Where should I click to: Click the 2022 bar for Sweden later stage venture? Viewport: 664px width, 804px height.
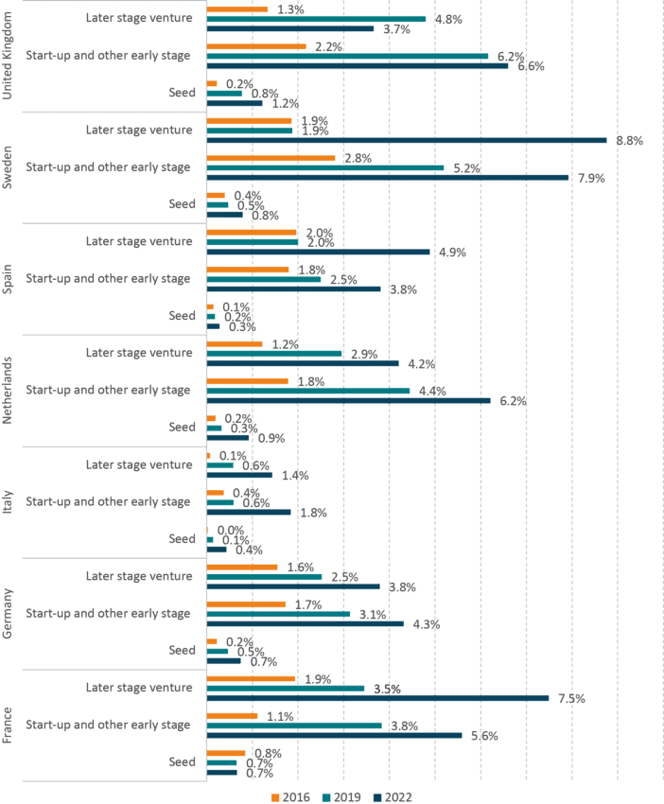[407, 141]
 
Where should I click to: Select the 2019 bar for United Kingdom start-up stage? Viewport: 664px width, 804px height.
[348, 56]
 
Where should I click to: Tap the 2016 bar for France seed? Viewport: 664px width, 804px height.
[226, 753]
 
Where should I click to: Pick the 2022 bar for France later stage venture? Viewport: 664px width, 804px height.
[378, 698]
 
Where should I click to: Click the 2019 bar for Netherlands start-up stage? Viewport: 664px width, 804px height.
[308, 391]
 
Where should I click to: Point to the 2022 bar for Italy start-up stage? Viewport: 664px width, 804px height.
[249, 512]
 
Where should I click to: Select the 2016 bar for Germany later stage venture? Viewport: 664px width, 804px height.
[242, 568]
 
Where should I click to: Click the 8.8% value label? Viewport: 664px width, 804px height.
[629, 141]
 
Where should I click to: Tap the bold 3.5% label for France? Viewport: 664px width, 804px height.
[388, 690]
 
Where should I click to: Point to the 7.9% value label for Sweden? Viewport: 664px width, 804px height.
[591, 178]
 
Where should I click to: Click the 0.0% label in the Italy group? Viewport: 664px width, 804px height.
[231, 531]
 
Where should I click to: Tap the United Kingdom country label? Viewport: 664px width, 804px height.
[9, 56]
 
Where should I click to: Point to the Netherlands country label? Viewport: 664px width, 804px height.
[9, 391]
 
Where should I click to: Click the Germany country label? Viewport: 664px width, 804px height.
[9, 614]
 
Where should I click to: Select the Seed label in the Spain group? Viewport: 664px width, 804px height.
[182, 316]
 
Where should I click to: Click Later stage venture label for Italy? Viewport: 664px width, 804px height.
[138, 464]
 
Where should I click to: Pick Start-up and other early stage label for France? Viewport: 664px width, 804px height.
[108, 725]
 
